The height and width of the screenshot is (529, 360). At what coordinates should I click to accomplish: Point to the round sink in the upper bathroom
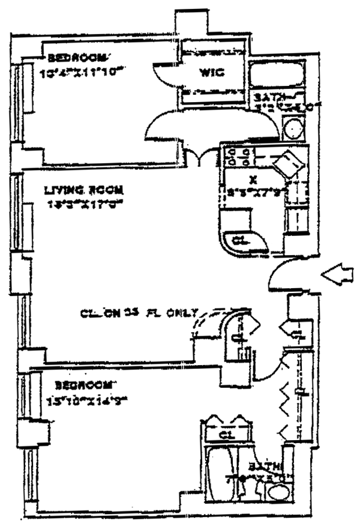(x=293, y=130)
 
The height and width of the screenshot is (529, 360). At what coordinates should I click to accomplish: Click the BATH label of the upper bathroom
(x=267, y=97)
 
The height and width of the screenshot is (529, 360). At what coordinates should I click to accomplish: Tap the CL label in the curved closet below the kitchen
(x=239, y=240)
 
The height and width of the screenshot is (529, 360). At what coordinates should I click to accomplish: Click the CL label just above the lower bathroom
(x=226, y=434)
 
